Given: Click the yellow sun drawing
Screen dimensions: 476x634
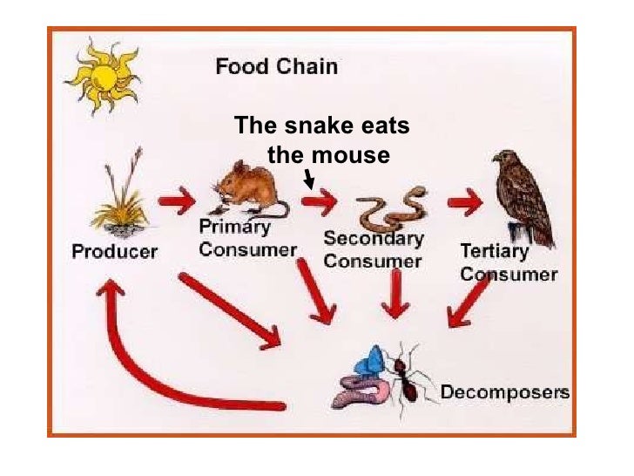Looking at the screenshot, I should coord(102,76).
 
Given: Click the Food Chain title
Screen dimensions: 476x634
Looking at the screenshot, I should coord(276,66).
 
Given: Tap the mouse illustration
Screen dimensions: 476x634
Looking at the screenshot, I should coord(250,189).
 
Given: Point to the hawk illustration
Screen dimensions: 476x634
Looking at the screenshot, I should coord(522,196).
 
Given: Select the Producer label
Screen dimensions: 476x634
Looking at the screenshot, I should coord(114,252).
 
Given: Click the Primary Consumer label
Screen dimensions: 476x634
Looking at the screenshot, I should coord(247,237).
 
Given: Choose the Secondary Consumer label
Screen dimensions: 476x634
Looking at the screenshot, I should coord(373,248).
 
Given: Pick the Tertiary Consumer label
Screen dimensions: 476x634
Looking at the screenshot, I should coord(508,262).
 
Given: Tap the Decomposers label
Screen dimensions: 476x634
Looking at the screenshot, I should coord(504,391).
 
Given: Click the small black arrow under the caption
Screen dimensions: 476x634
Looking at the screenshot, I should coord(309,180).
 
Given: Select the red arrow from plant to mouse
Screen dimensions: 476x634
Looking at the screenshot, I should coord(177,202).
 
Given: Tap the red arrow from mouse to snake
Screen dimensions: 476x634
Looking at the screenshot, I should coord(319,204).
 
